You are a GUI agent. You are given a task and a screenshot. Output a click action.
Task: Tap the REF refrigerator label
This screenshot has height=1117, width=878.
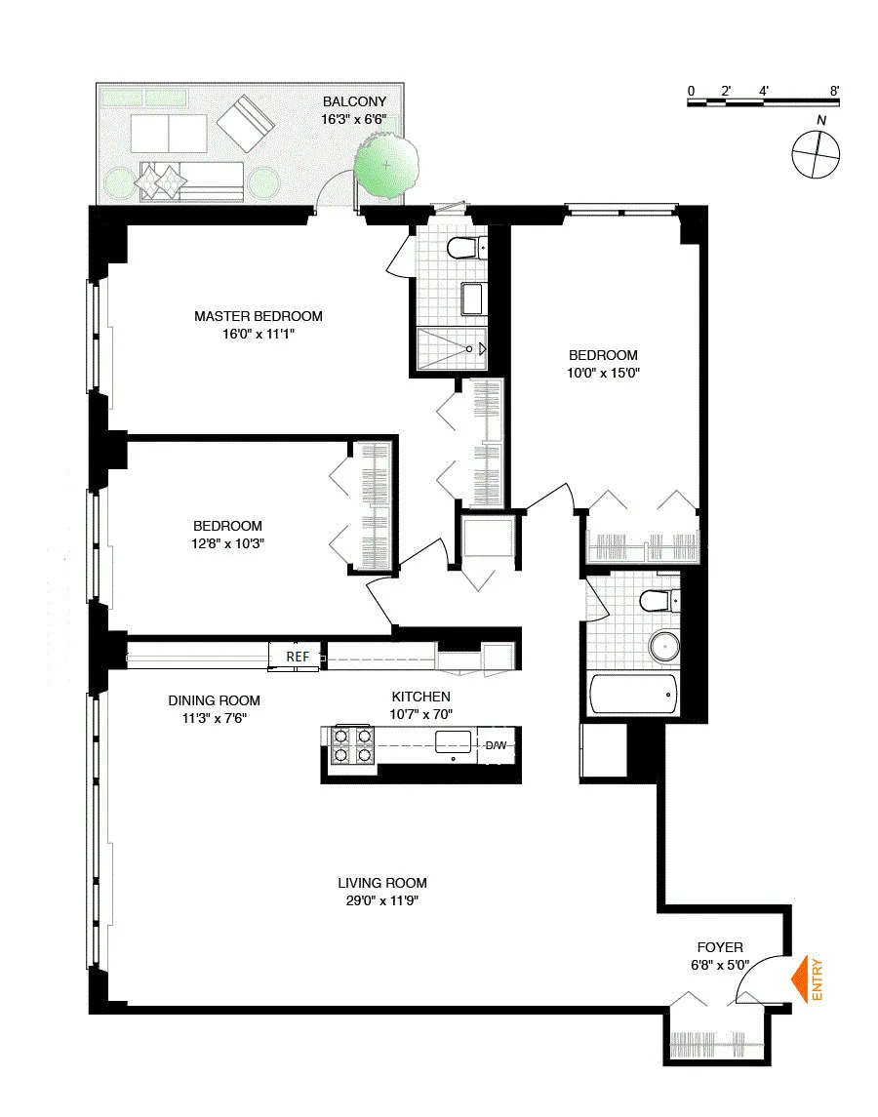[x=298, y=657]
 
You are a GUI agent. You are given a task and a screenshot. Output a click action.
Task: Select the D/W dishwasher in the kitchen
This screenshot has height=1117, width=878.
[x=497, y=746]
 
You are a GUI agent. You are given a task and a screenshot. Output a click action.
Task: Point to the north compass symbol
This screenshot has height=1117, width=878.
[x=817, y=154]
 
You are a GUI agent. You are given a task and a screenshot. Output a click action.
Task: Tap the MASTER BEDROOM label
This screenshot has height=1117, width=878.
[x=258, y=316]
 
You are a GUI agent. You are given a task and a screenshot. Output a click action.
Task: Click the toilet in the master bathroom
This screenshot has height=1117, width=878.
[x=462, y=249]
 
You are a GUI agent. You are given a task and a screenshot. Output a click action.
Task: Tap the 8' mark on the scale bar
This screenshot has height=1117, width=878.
[x=834, y=91]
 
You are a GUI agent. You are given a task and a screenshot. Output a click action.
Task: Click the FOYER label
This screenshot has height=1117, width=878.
[x=720, y=947]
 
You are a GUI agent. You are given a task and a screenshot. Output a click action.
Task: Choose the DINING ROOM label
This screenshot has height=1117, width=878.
[x=214, y=700]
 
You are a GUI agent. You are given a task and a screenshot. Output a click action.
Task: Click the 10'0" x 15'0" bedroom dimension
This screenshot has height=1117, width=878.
[x=603, y=373]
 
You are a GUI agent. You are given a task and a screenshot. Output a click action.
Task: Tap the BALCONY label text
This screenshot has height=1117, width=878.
[x=355, y=101]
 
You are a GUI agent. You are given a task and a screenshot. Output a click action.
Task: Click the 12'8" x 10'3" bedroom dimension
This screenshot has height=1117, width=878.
[x=227, y=543]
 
